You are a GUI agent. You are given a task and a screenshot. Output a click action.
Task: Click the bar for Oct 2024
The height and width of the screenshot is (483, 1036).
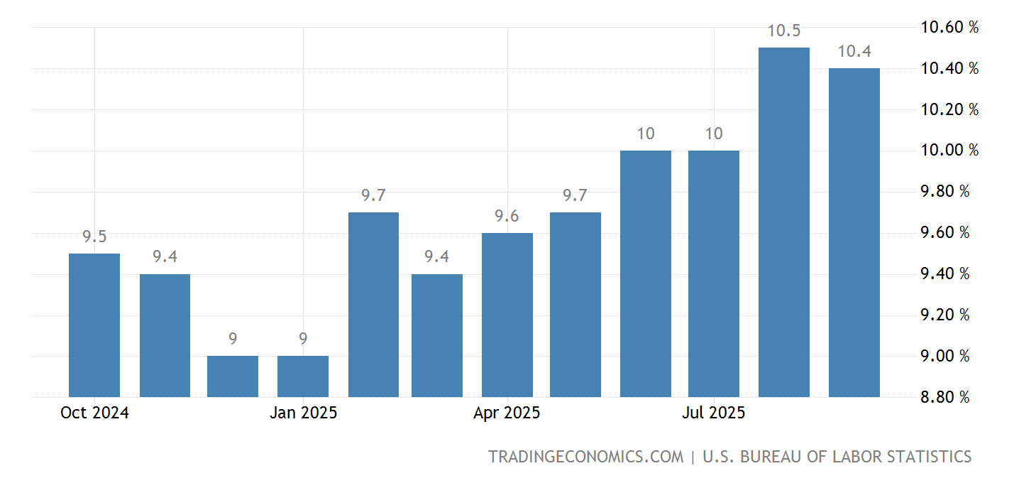click(94, 325)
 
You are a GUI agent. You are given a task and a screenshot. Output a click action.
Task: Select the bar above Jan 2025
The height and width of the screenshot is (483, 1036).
click(303, 376)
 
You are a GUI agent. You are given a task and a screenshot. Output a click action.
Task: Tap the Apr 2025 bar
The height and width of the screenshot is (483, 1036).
click(507, 315)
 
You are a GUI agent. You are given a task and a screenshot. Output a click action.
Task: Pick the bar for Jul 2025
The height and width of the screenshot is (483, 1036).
click(714, 273)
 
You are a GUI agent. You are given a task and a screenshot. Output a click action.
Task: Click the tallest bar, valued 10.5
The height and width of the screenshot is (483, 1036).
click(784, 222)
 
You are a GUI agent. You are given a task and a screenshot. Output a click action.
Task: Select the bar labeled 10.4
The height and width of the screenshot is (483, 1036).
click(854, 232)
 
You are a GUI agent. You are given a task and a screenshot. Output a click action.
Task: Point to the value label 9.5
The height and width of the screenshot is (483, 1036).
click(94, 237)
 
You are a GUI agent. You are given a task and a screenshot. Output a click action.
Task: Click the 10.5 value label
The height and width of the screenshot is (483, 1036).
click(784, 31)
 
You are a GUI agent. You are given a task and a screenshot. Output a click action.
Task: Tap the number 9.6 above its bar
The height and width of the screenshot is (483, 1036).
click(507, 217)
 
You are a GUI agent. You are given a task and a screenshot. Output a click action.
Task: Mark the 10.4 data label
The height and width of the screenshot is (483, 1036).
click(854, 52)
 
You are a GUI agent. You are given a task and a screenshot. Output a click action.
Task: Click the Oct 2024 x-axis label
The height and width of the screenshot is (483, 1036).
click(94, 413)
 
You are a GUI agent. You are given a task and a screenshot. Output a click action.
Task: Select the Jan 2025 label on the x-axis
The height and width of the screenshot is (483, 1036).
click(303, 413)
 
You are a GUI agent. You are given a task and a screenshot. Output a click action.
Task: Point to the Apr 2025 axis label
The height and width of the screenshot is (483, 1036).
click(507, 413)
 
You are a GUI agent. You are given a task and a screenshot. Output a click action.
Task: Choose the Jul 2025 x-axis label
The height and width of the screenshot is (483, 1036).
click(714, 413)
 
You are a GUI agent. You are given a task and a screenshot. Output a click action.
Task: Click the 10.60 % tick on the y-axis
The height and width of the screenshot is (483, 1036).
click(949, 28)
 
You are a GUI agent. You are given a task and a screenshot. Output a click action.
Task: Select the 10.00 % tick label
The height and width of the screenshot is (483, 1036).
click(949, 151)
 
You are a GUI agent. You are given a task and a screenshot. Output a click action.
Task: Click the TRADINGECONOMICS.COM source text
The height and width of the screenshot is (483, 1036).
click(585, 457)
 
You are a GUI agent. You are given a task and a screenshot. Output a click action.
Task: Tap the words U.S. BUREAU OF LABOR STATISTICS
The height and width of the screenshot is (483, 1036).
click(837, 457)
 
